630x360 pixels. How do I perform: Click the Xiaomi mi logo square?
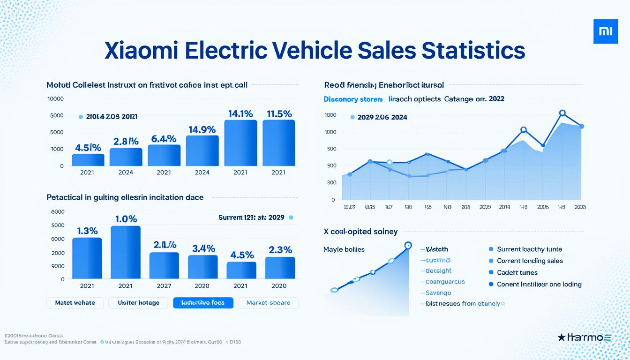606,31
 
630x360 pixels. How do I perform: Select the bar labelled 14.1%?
240,143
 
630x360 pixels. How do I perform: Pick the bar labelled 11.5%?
279,143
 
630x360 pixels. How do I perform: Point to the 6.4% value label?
164,139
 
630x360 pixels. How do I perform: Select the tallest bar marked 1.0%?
125,252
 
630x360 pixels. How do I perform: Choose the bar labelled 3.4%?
202,267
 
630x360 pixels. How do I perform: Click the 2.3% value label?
280,250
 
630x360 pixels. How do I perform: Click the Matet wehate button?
75,303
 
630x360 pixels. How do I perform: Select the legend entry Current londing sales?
530,261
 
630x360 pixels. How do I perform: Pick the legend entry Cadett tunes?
517,273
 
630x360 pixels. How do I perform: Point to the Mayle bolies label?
344,249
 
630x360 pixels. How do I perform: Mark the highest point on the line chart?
562,113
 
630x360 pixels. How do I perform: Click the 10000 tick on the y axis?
55,99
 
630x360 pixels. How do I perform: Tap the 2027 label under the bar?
164,286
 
